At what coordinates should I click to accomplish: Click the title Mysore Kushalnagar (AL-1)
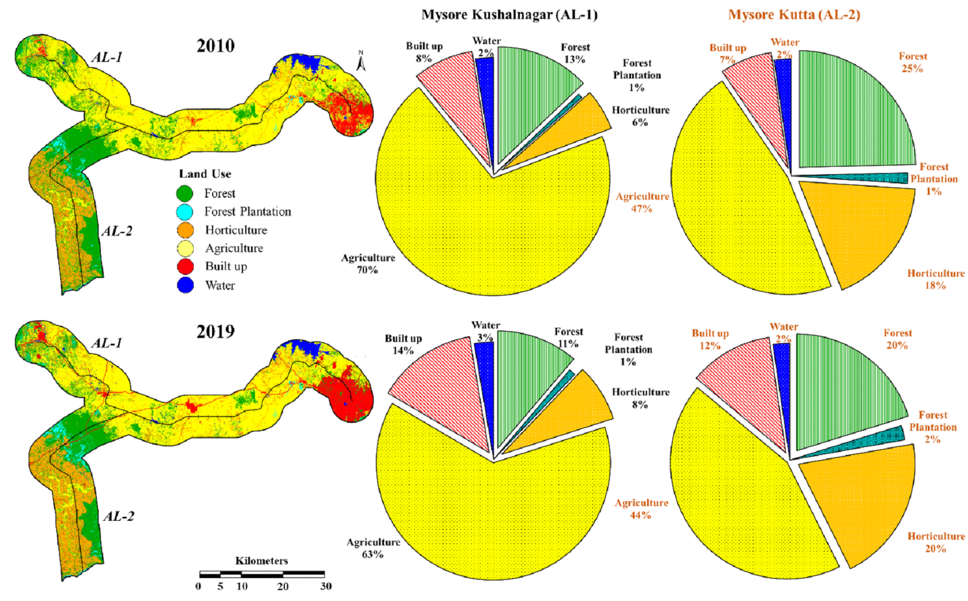pos(509,15)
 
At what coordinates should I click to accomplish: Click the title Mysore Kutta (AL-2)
pos(794,15)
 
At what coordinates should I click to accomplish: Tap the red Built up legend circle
pos(185,266)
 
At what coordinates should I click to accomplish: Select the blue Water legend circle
pos(185,285)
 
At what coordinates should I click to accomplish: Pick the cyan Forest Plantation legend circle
pos(185,212)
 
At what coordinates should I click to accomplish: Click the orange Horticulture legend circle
pos(185,230)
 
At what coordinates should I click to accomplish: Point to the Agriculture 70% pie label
pos(368,264)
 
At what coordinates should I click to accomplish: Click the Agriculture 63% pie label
pos(373,548)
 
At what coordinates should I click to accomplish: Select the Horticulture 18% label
pos(935,279)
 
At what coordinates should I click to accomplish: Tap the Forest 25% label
pos(912,62)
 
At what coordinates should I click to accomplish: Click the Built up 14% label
pos(403,344)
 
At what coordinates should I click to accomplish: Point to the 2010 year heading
pos(215,46)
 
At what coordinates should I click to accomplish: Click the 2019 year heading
pos(215,332)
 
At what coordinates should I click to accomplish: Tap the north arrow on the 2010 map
pos(360,61)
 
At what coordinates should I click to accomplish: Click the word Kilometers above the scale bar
pos(261,561)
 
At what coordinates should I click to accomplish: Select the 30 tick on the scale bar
pos(326,586)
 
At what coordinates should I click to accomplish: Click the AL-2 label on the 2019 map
pos(119,517)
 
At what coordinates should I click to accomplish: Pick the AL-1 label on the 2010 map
pos(107,57)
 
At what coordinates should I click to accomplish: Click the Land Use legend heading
pos(205,174)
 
